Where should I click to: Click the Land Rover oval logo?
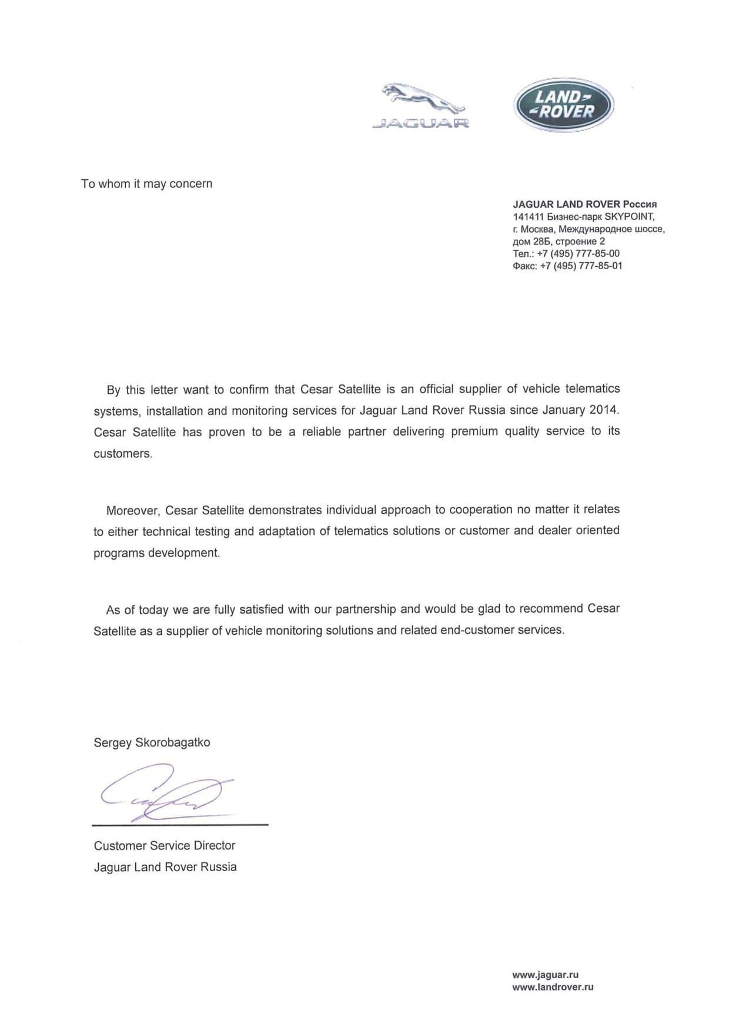(x=564, y=105)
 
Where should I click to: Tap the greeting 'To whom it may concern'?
(x=146, y=184)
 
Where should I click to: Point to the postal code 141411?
(x=528, y=216)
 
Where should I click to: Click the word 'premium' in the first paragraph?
(x=474, y=431)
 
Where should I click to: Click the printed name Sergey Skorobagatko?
(x=152, y=742)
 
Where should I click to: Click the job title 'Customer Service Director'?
(x=165, y=846)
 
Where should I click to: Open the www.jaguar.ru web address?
(x=545, y=975)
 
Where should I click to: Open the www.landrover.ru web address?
(x=553, y=987)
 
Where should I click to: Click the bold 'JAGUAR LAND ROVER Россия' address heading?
(x=584, y=204)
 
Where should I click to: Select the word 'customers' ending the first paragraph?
(x=122, y=454)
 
